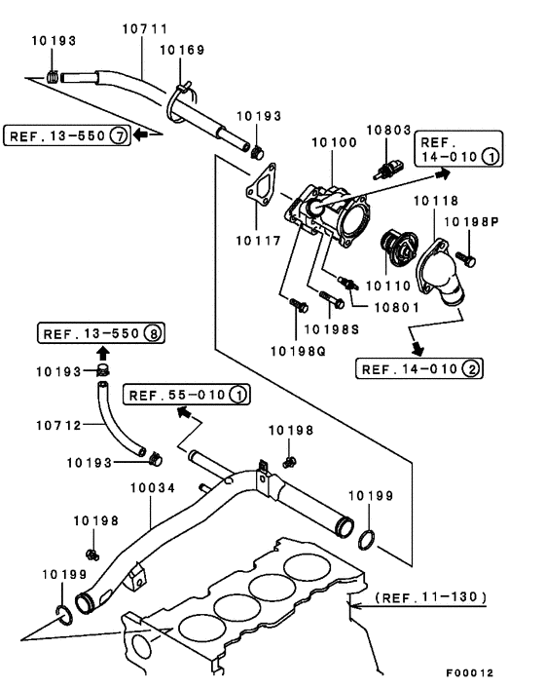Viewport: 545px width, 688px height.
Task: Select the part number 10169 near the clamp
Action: click(182, 49)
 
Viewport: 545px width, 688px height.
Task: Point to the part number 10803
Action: click(389, 129)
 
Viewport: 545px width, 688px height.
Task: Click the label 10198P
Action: click(472, 222)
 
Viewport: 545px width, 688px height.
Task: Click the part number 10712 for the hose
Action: click(56, 424)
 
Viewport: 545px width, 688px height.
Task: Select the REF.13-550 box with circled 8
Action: click(101, 334)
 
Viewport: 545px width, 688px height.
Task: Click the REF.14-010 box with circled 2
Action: click(419, 368)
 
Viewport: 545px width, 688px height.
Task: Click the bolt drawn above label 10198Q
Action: click(294, 308)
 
